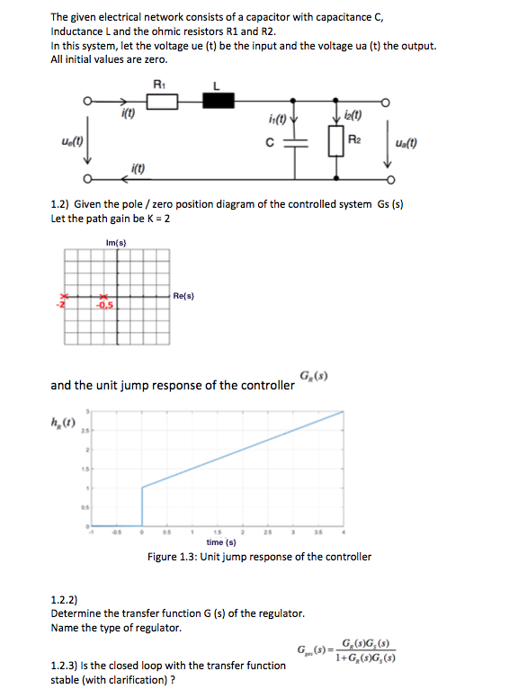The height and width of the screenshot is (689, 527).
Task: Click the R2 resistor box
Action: (x=337, y=140)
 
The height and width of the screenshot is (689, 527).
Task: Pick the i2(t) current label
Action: (x=352, y=115)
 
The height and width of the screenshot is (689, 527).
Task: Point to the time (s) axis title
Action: (x=221, y=542)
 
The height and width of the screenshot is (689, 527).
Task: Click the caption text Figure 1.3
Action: (x=259, y=557)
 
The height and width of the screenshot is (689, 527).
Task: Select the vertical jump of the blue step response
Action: (x=142, y=506)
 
